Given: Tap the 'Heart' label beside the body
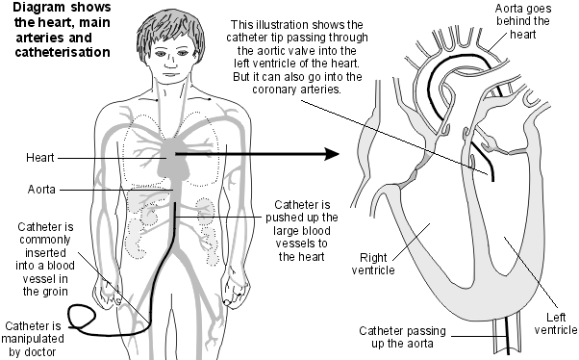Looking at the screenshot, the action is coord(39,155).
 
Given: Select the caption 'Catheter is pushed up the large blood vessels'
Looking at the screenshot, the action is coord(307,230).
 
